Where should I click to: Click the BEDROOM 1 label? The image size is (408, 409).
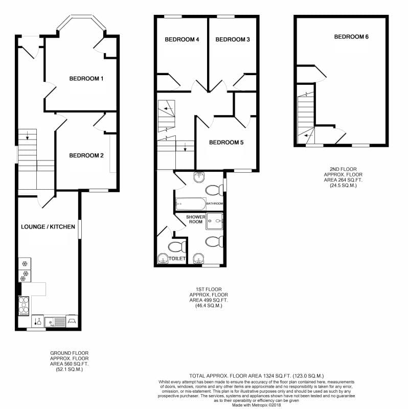point(86,79)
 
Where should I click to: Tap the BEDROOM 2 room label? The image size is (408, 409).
point(86,155)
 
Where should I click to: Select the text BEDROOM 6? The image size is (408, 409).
point(351,37)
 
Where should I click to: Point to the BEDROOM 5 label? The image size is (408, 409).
point(226,143)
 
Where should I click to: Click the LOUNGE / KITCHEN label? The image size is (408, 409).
point(48,226)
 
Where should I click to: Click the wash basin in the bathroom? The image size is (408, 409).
point(199,176)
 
